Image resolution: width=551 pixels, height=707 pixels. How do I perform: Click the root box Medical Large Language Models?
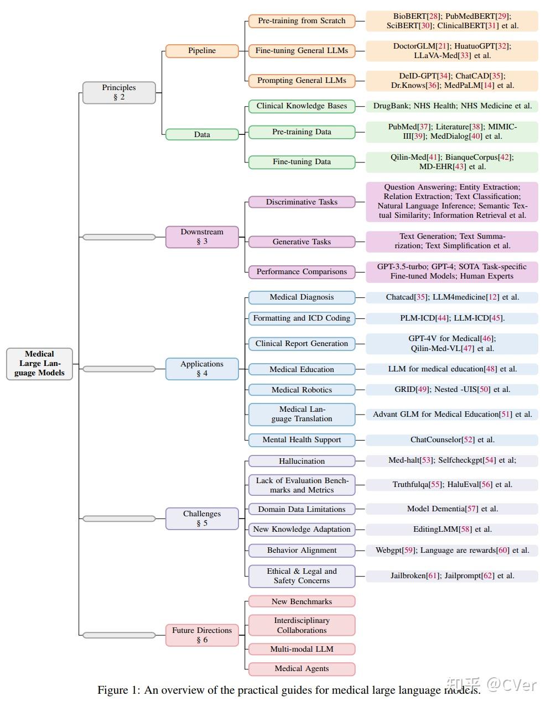click(x=39, y=364)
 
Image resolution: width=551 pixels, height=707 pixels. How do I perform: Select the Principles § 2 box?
click(x=119, y=92)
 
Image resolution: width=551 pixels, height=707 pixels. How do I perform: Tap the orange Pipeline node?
click(x=202, y=51)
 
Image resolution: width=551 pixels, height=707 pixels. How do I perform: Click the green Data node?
click(x=202, y=134)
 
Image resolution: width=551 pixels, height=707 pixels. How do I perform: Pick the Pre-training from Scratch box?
click(x=302, y=21)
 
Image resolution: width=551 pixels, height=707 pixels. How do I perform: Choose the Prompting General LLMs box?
click(x=302, y=81)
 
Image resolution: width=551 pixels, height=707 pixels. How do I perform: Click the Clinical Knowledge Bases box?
click(x=302, y=106)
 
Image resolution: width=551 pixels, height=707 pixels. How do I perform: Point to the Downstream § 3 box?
click(x=202, y=237)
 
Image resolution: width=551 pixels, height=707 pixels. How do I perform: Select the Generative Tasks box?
click(x=302, y=242)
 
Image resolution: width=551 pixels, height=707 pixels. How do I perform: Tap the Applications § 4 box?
click(x=202, y=369)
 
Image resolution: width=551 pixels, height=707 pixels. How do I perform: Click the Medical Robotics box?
click(x=302, y=390)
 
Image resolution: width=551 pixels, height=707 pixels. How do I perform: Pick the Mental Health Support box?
click(x=302, y=440)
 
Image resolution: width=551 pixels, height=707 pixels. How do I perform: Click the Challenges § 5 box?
click(x=202, y=519)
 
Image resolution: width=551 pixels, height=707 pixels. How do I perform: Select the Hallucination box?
click(x=302, y=461)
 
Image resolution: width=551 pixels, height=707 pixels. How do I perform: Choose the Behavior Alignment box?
click(x=302, y=551)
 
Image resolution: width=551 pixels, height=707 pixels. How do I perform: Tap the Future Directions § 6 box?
click(x=202, y=635)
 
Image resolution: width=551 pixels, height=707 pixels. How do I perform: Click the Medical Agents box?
click(x=302, y=669)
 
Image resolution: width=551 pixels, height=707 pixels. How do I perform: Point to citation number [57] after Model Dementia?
click(x=471, y=509)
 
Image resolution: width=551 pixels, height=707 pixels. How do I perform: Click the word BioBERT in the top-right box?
click(x=410, y=17)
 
